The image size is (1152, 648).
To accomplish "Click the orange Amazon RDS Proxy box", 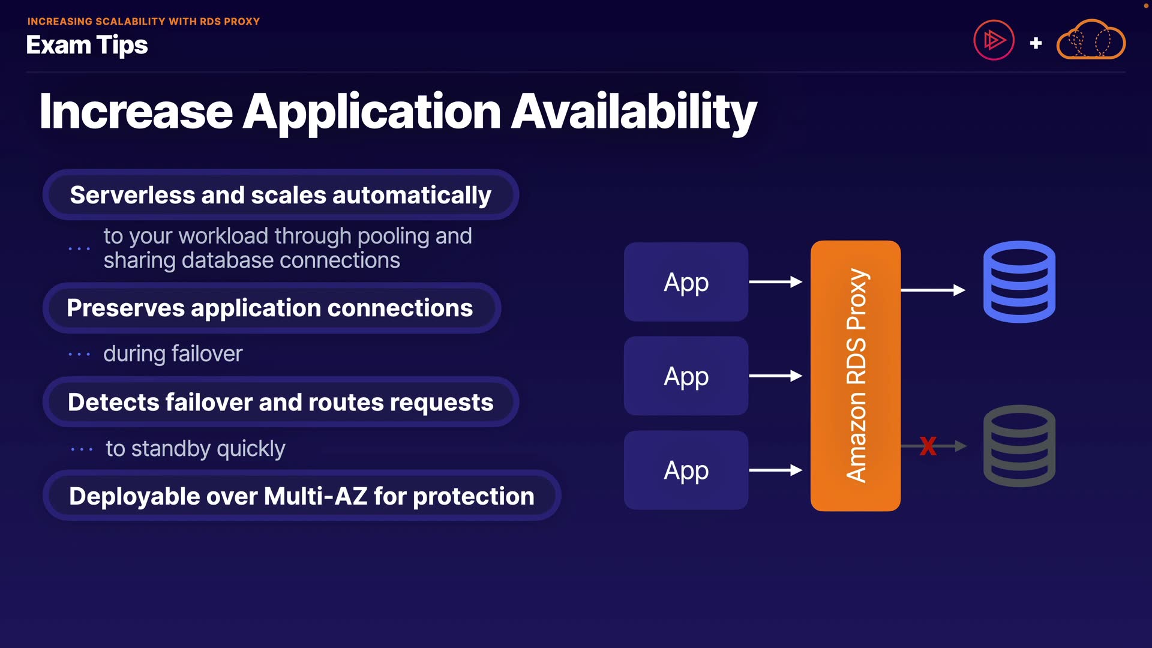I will coord(855,376).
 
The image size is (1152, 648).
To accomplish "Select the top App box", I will coord(686,282).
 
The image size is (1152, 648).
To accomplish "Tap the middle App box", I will coord(686,376).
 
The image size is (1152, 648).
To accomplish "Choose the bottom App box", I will coord(686,470).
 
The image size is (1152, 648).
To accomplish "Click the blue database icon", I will coord(1019,281).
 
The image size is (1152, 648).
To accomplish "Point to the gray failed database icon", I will coord(1019,446).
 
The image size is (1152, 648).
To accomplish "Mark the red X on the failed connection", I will coord(928,446).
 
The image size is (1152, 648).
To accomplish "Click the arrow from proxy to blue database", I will coord(933,290).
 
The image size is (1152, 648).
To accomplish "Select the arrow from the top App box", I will coord(775,282).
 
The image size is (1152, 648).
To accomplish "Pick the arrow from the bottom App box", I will coord(775,470).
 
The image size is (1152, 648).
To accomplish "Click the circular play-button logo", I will coord(994,41).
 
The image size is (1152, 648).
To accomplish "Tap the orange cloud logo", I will coord(1091,41).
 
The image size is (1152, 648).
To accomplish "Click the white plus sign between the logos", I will coord(1036,43).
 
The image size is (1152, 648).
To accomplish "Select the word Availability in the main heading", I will coord(634,112).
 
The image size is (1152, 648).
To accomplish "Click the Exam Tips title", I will coord(87,46).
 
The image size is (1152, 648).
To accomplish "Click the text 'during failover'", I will coord(173,354).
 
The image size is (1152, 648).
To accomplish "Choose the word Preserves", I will coord(125,308).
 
